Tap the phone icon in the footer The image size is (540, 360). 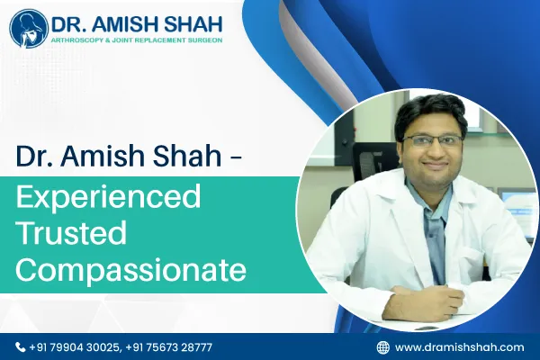[21, 346]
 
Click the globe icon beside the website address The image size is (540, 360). [382, 346]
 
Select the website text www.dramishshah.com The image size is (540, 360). [459, 346]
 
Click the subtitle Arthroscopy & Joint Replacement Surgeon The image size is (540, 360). [132, 41]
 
